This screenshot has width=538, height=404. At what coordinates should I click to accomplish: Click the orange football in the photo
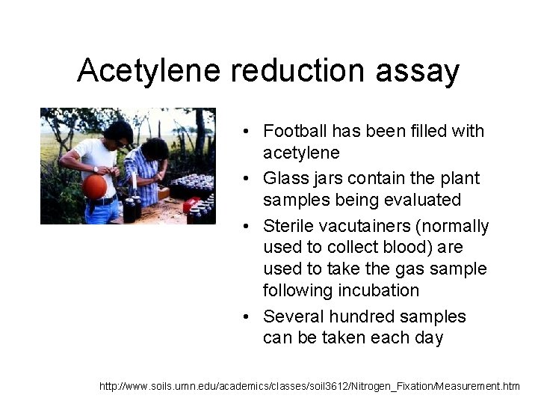tap(94, 186)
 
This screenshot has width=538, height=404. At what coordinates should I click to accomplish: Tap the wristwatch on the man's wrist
tap(96, 169)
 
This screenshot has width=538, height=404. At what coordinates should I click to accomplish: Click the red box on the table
tap(191, 204)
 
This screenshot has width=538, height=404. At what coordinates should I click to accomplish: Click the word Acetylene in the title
tap(149, 71)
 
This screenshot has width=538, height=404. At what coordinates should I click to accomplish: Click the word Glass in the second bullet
tap(285, 179)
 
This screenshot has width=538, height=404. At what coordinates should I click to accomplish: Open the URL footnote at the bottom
tap(309, 386)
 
